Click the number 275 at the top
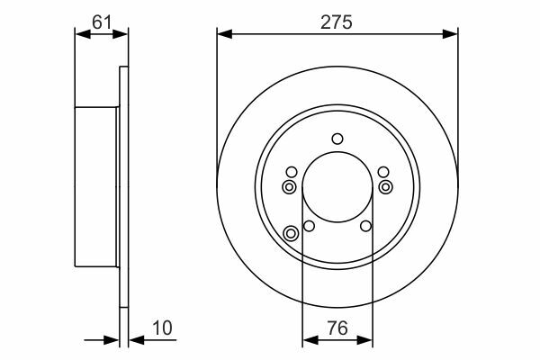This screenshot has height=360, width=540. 337,22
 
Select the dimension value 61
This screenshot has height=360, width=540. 102,22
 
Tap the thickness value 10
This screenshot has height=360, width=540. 162,328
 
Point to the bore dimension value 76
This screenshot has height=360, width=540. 337,328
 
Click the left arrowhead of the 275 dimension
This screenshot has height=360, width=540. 225,34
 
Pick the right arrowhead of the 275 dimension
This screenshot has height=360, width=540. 450,34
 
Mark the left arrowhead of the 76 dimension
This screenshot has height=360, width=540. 310,340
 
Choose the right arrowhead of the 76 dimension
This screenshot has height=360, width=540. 365,340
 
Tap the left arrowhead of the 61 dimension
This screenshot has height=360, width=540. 83,34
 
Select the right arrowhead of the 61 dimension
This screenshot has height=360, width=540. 120,34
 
